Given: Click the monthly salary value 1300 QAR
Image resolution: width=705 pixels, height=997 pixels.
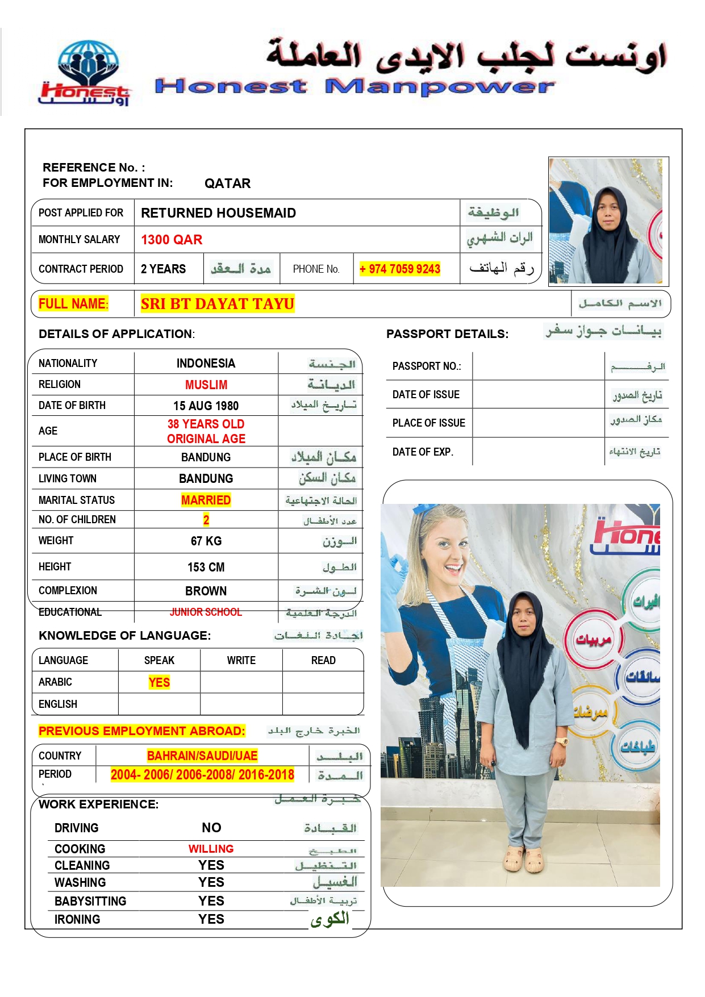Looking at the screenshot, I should point(172,240).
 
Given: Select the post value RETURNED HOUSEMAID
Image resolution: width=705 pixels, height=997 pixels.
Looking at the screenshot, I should point(218,213).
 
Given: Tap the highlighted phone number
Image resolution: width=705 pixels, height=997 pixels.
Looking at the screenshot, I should point(400,269).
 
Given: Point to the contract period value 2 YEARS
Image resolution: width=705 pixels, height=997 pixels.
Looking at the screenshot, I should point(163,269).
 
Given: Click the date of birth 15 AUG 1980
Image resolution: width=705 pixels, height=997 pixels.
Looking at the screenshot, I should point(206,406).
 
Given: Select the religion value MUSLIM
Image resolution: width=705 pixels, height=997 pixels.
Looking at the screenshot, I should point(206,385).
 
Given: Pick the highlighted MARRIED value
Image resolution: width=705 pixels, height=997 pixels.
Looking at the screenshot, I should point(206,500).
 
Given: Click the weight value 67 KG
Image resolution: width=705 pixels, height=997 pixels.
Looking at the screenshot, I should point(206,541).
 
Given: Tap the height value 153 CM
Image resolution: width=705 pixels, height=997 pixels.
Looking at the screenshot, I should point(206,567).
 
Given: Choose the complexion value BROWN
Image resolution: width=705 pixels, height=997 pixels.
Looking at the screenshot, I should point(206,591).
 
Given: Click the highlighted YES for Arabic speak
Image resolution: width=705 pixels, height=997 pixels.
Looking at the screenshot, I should point(159,682).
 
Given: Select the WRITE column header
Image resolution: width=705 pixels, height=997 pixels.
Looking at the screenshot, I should point(241,660).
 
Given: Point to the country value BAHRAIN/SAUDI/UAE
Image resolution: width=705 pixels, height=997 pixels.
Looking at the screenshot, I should point(202,756).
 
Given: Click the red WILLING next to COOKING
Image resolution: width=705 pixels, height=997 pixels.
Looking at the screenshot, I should point(211,849).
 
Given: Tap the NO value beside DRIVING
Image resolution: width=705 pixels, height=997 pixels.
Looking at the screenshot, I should point(211,828).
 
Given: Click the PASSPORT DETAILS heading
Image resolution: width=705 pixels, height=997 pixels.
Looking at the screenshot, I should point(447,334).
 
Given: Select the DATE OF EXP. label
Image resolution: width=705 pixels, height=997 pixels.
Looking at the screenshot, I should point(423,452).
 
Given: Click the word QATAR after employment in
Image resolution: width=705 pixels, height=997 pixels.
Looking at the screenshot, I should point(227,183).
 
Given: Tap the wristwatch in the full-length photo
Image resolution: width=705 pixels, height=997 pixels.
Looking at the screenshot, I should point(561,741).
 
